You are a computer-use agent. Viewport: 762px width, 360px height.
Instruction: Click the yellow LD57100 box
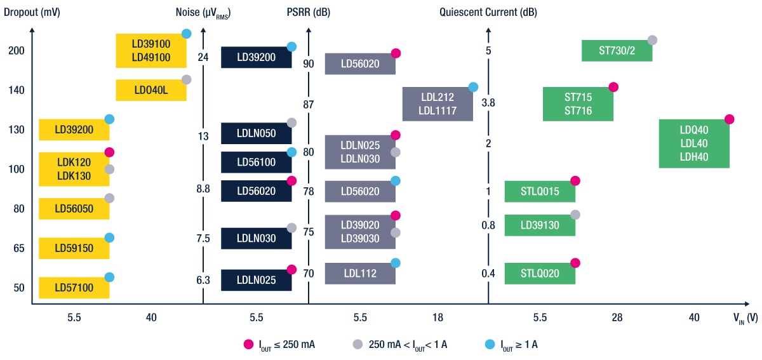coord(74,288)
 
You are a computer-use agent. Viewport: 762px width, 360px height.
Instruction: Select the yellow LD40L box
coord(150,90)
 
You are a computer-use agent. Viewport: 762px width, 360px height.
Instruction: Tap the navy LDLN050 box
coord(256,133)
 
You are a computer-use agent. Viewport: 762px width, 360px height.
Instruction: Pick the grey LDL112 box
coord(359,274)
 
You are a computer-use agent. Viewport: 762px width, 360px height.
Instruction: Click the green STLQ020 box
coord(540,274)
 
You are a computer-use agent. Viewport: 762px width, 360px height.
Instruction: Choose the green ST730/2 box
coord(617,51)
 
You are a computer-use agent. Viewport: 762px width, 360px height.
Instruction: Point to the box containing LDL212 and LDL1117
coord(438,103)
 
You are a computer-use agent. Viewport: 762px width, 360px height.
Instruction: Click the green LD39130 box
coord(540,225)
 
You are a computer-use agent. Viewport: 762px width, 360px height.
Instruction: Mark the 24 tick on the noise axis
coord(203,57)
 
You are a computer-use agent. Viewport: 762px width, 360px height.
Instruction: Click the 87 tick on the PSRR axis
coord(309,104)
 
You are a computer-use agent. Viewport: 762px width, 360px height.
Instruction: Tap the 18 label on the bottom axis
coord(438,317)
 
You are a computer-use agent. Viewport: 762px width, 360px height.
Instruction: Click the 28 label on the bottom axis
coord(617,317)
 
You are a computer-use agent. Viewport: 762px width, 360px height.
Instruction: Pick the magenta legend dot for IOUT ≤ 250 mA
coord(248,344)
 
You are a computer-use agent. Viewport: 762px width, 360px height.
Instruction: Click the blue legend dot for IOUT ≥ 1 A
coord(489,344)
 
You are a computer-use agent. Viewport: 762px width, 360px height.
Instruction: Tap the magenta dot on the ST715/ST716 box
coord(613,87)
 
